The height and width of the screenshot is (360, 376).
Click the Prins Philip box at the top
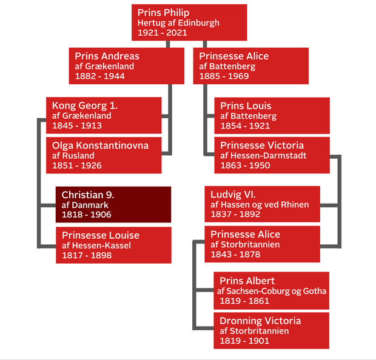click(x=189, y=22)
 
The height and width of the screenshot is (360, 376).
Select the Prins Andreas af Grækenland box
click(x=126, y=65)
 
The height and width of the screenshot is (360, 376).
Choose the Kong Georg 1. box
click(x=104, y=115)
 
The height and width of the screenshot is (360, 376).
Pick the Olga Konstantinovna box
click(x=104, y=155)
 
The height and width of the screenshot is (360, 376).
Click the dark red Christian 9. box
click(x=113, y=204)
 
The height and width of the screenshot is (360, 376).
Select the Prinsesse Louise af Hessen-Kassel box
click(x=113, y=245)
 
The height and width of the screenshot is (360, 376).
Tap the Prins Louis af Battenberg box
click(x=272, y=115)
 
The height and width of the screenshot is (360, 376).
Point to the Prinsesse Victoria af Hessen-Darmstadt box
click(x=272, y=155)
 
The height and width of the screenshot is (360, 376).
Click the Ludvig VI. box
click(x=262, y=204)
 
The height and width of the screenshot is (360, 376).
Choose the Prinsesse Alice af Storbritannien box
click(x=262, y=244)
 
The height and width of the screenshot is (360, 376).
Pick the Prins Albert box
click(x=272, y=290)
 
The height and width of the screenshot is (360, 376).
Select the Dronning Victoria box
click(x=272, y=330)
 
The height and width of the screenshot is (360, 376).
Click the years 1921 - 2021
click(x=161, y=33)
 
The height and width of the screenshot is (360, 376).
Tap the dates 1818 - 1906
click(x=86, y=215)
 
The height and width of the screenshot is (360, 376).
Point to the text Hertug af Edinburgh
click(x=178, y=23)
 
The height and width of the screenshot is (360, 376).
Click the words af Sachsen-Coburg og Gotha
click(x=272, y=291)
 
